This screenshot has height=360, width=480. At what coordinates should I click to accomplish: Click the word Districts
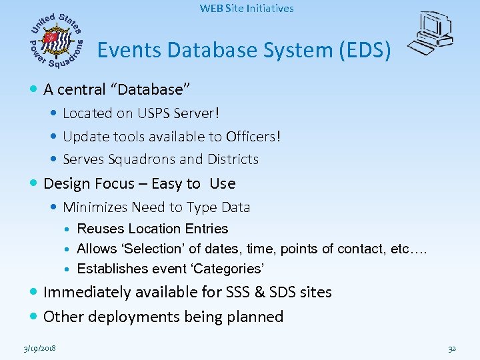[230, 159]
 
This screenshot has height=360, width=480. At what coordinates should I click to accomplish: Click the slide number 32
[451, 349]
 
